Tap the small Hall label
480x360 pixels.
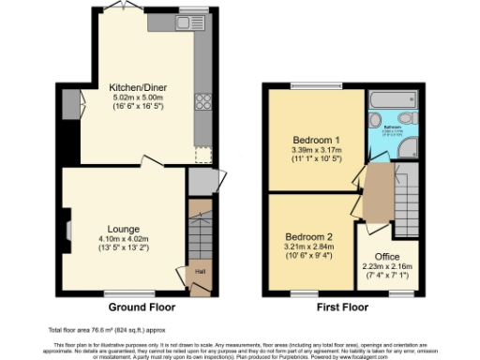199,273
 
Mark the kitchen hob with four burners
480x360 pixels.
200,102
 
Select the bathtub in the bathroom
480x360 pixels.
392,99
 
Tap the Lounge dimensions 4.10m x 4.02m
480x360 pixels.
123,239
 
